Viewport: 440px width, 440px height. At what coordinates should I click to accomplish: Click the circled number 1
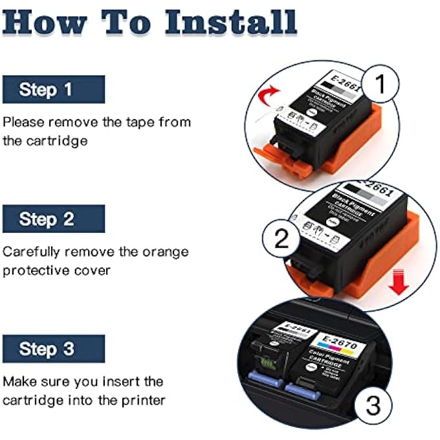coord(381,84)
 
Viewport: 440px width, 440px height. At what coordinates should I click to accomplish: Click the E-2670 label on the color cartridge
coord(335,338)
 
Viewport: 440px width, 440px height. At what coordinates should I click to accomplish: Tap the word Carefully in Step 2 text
coord(30,251)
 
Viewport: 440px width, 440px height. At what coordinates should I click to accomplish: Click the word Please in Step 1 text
coord(23,122)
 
